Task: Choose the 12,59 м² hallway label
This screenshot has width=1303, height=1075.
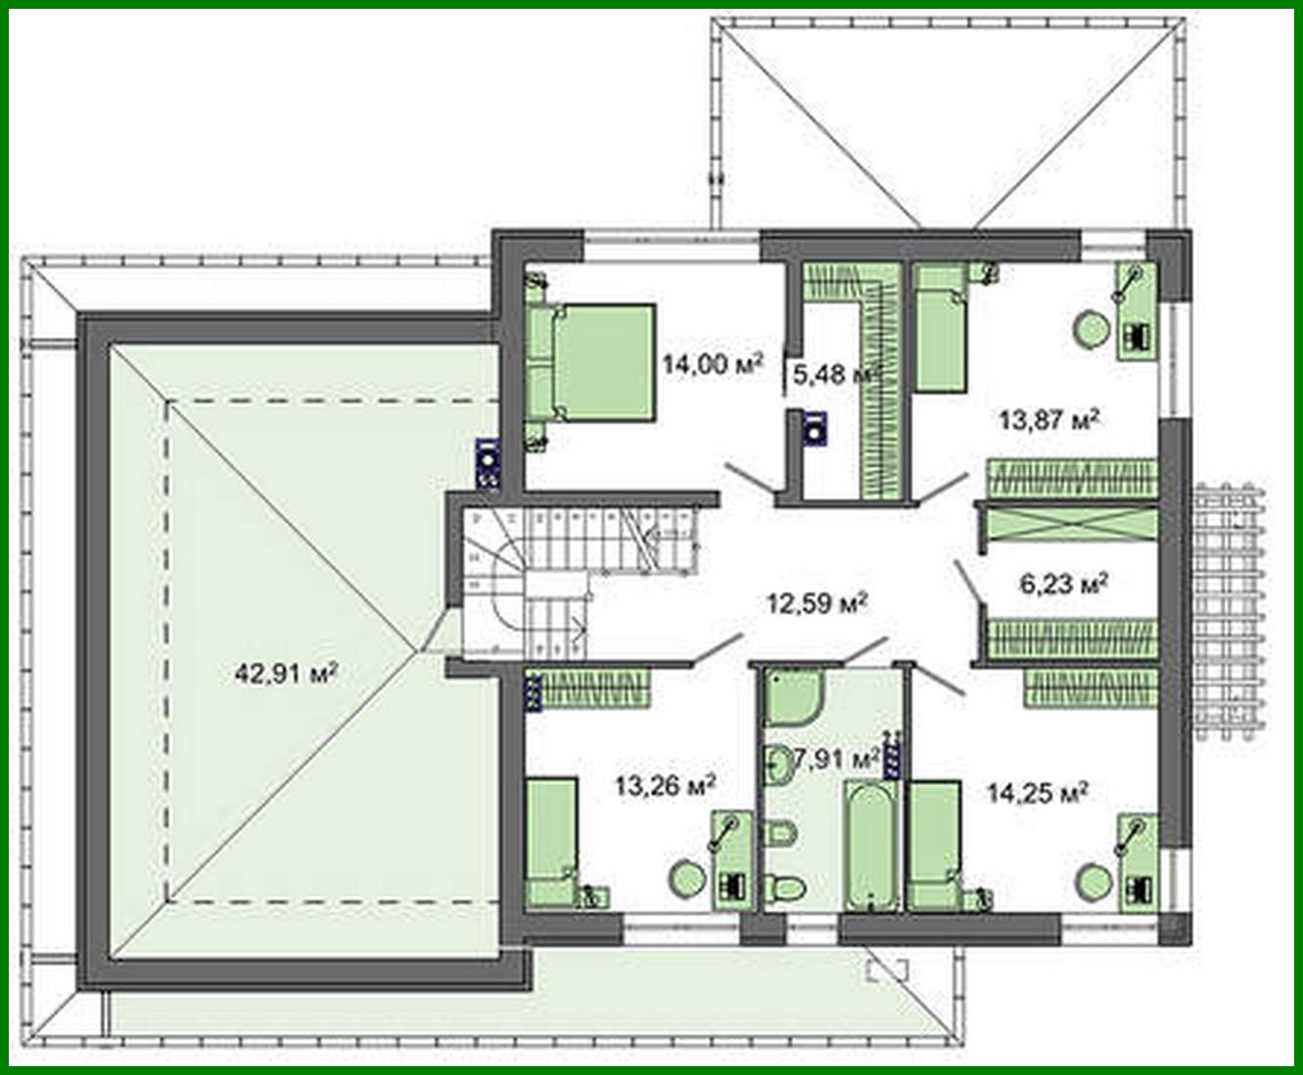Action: coord(817,602)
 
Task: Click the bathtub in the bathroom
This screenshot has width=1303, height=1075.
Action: coord(868,845)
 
